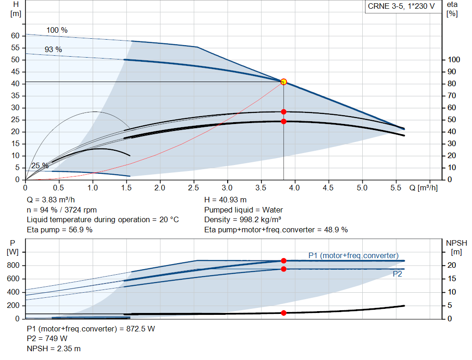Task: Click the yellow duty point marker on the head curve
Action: click(x=283, y=82)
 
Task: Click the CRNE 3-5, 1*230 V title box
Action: click(x=401, y=6)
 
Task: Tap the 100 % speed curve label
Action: click(x=57, y=30)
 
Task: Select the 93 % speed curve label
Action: click(x=53, y=49)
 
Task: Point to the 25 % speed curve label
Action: click(x=40, y=166)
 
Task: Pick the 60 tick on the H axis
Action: click(x=15, y=36)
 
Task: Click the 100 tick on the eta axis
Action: click(x=454, y=60)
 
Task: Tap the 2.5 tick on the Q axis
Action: click(x=194, y=188)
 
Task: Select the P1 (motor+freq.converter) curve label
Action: click(x=353, y=255)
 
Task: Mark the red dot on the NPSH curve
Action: click(x=283, y=313)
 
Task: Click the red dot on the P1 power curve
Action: click(x=283, y=261)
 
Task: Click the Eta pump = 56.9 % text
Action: click(x=59, y=230)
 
